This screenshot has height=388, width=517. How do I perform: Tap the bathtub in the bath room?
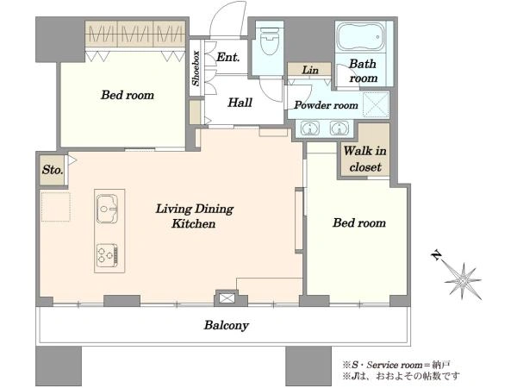click(x=361, y=36)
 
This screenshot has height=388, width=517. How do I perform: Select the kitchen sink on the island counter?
click(x=107, y=210)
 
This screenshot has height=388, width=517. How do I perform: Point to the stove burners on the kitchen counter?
click(x=107, y=254)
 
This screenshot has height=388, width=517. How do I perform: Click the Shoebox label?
click(x=196, y=68)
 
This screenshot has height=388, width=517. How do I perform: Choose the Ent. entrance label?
click(x=227, y=57)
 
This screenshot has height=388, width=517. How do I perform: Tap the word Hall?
click(x=240, y=103)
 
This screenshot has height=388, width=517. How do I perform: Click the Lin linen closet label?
click(x=310, y=70)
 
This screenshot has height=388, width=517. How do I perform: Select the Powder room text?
click(x=326, y=105)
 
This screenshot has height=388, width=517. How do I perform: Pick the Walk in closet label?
click(x=365, y=159)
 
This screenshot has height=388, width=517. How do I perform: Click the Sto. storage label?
click(x=52, y=170)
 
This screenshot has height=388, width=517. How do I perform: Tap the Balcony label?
click(x=226, y=325)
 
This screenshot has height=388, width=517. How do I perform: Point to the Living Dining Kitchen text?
click(x=194, y=216)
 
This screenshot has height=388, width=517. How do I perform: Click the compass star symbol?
click(x=462, y=281)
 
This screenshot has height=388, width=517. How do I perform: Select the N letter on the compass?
click(x=436, y=254)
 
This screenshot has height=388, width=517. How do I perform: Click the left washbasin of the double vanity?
click(x=310, y=128)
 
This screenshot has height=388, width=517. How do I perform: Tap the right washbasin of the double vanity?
click(x=339, y=128)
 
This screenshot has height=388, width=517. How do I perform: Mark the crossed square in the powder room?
click(x=376, y=104)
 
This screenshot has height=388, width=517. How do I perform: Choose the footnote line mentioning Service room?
click(x=396, y=365)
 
